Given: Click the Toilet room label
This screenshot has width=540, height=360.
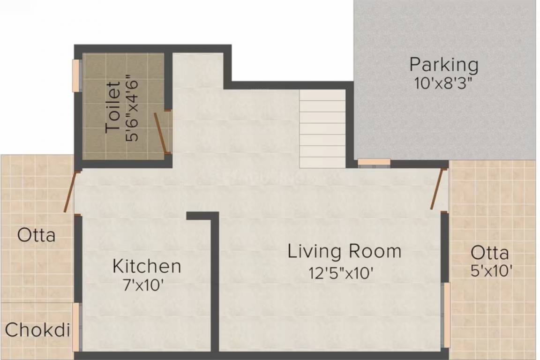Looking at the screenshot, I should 113,107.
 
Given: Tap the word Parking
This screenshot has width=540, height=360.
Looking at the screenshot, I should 443,65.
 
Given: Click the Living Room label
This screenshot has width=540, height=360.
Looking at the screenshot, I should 345,251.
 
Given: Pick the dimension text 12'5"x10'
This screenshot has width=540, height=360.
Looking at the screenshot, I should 341,272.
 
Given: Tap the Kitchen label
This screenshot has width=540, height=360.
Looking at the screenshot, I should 147,266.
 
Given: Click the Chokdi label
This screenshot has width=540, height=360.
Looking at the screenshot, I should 37,330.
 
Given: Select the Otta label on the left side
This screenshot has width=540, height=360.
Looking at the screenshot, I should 36,234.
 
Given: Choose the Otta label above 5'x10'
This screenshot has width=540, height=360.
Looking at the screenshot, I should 490,253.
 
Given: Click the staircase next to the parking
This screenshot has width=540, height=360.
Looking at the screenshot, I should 322,129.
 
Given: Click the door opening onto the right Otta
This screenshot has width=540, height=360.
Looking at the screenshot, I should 438,188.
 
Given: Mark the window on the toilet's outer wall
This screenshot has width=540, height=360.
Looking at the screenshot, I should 75,75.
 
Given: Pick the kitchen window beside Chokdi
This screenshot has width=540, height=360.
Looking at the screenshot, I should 76,327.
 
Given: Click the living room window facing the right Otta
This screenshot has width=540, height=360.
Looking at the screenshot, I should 447,315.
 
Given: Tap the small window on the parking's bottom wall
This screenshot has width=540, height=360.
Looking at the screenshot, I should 374,162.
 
